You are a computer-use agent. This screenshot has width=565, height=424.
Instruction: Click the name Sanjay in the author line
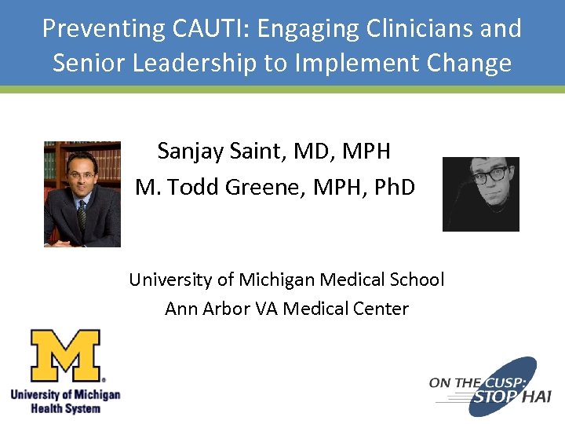(x=191, y=150)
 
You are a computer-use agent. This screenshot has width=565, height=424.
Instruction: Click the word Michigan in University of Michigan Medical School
(x=272, y=280)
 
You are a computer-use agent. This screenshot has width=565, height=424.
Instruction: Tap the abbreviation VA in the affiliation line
(x=267, y=309)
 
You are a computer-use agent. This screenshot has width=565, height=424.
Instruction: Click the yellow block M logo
(x=67, y=355)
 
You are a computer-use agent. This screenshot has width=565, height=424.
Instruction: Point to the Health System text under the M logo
(x=66, y=408)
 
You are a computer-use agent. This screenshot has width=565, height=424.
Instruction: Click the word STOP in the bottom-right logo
(x=497, y=399)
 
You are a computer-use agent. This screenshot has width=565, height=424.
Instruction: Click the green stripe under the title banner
(x=282, y=90)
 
